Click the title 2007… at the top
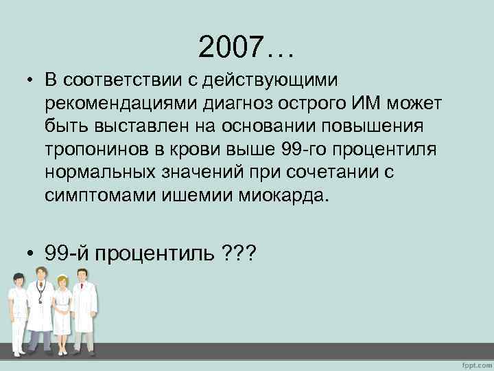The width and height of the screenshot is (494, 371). click(246, 47)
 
